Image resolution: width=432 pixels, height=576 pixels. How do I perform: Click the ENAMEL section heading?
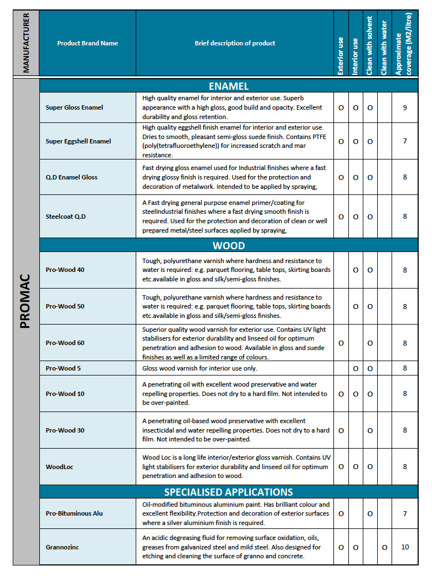click(228, 86)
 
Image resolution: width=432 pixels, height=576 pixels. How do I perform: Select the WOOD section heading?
click(228, 245)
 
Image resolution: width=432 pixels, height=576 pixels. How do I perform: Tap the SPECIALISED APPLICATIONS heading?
click(228, 492)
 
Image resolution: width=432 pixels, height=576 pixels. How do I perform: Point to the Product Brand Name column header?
click(88, 43)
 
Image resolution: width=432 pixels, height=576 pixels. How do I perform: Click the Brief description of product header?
click(235, 43)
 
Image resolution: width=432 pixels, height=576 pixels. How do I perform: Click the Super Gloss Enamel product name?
click(74, 107)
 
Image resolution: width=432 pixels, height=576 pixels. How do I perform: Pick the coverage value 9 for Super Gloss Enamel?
click(405, 107)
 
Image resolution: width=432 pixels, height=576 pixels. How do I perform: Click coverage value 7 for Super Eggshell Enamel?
click(405, 141)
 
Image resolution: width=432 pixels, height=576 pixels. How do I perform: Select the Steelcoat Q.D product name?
click(65, 217)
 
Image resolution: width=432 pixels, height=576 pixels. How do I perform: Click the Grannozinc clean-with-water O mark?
click(384, 547)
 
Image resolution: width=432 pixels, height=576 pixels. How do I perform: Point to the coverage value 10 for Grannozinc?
click(405, 547)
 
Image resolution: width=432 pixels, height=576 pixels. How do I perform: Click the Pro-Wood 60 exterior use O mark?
click(341, 343)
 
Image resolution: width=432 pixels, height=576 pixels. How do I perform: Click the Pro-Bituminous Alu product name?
click(74, 513)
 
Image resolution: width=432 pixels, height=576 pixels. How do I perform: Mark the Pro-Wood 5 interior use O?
click(356, 368)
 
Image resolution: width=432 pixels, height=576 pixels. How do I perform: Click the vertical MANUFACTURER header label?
click(26, 43)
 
